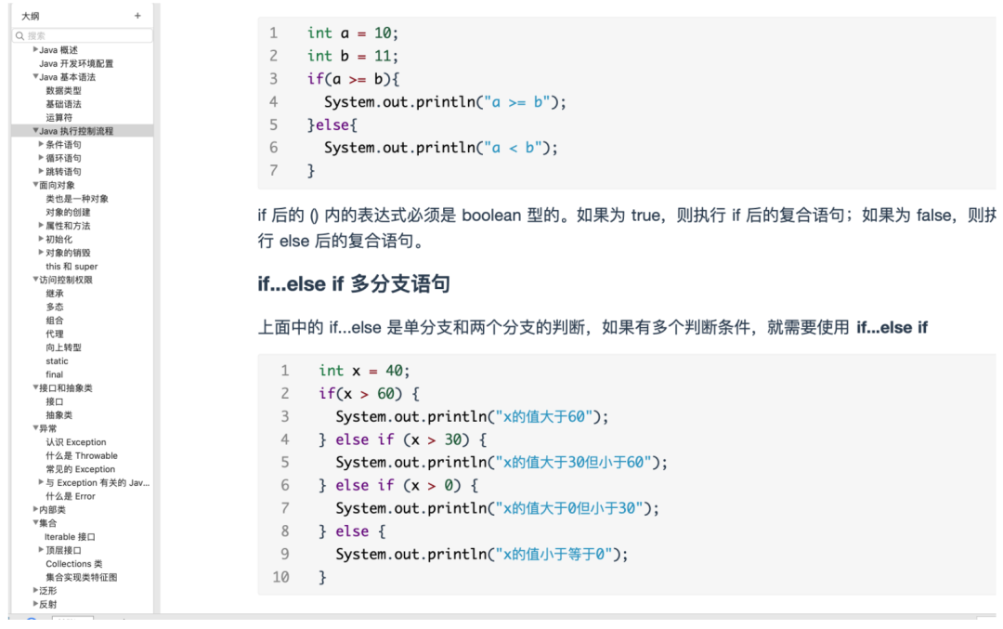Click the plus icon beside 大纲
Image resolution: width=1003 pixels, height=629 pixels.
pos(137,16)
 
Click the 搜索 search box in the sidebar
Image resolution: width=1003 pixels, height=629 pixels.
pos(84,35)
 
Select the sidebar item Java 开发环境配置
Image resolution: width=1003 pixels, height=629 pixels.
pos(76,63)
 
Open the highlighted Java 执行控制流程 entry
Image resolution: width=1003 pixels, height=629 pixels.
pos(76,131)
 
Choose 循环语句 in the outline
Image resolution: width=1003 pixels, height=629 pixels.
pos(63,158)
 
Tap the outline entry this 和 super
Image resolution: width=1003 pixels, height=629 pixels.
pos(72,266)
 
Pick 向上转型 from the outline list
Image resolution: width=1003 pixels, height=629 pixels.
pos(63,347)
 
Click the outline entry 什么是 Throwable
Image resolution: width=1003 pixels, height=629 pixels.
pos(82,455)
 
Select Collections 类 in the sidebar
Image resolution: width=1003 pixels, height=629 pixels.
pos(74,564)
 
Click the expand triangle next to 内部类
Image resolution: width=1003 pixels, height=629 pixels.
pos(36,509)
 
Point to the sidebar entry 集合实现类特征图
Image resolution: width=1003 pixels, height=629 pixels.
pos(82,577)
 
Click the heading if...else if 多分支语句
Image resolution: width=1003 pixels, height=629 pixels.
pos(354,283)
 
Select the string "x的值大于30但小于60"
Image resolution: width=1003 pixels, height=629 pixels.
pos(575,462)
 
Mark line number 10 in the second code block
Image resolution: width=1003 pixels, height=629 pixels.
pos(280,577)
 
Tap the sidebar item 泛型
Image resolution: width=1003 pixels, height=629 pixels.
pos(47,591)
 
